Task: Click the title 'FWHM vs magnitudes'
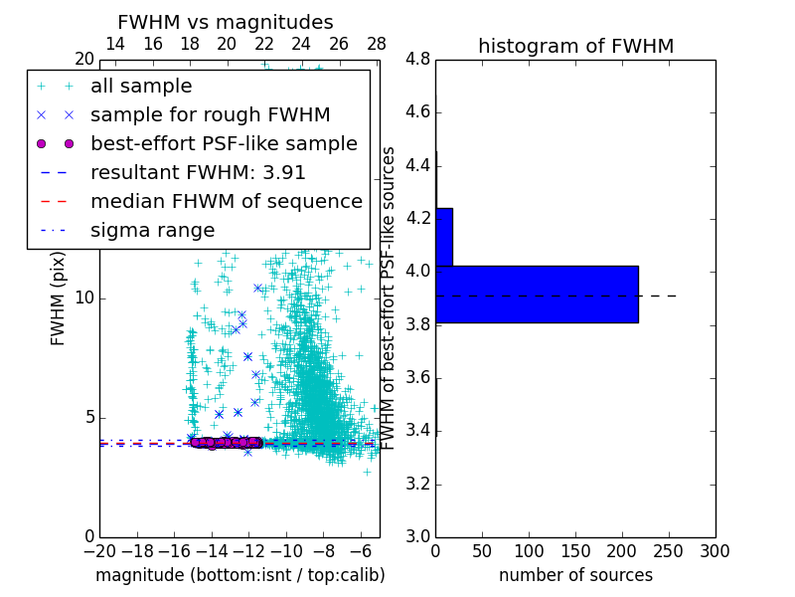[x=225, y=22]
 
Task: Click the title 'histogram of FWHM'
[x=575, y=46]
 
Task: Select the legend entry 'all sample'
[x=141, y=87]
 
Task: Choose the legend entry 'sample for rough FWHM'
[x=210, y=114]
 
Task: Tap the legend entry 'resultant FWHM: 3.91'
[x=198, y=172]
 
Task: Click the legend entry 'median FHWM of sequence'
[x=226, y=201]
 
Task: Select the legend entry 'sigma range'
[x=152, y=230]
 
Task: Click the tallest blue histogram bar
[x=537, y=295]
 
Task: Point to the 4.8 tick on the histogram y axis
[x=417, y=60]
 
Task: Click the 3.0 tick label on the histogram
[x=417, y=536]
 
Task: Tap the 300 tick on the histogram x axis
[x=715, y=551]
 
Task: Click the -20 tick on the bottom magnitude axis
[x=99, y=551]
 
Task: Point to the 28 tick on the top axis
[x=377, y=44]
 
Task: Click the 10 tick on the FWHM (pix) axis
[x=83, y=298]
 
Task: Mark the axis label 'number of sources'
[x=575, y=575]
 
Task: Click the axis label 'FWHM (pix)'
[x=59, y=298]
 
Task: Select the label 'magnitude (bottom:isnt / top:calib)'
[x=239, y=575]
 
